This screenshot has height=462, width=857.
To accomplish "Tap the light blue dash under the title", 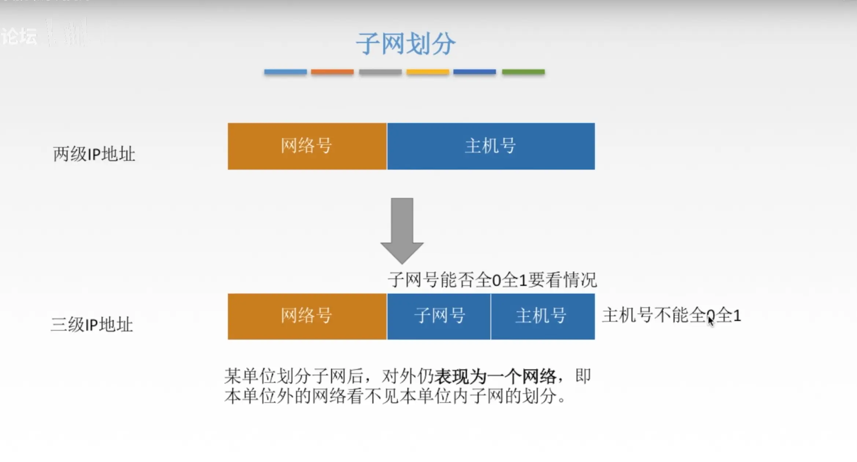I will (285, 72).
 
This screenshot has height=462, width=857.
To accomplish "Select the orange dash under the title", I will (332, 72).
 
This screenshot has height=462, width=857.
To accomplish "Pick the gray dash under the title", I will (380, 72).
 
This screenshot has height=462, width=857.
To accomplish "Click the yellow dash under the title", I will (428, 72).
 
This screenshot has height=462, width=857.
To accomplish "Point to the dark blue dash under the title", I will (474, 72).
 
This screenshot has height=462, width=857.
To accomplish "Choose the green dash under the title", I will (523, 72).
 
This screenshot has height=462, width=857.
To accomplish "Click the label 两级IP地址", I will (94, 154).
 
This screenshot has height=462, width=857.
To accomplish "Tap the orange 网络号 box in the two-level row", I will (307, 146).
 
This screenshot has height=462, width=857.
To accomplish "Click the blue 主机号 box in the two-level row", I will (491, 146).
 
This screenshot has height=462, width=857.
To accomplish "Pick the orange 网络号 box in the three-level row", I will (307, 316).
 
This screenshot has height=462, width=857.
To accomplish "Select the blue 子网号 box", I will (439, 316).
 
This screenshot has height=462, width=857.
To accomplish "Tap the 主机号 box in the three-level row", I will (542, 316).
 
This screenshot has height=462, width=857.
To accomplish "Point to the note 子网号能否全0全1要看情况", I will (492, 280).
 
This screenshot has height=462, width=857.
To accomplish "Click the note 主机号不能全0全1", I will (671, 315).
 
